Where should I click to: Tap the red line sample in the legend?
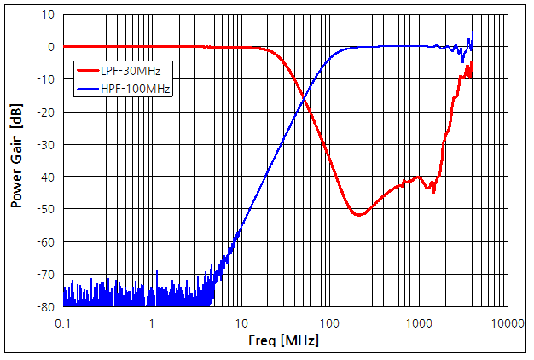click(89, 70)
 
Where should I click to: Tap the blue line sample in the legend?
click(89, 87)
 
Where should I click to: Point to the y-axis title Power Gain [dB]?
click(16, 160)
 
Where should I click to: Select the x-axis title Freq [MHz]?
click(285, 341)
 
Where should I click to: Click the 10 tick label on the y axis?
click(49, 15)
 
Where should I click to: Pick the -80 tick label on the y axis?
click(46, 306)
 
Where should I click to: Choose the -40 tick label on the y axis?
click(46, 177)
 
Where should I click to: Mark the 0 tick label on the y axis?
click(52, 47)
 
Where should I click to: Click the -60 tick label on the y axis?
click(46, 241)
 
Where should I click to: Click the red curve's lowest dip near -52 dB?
click(358, 214)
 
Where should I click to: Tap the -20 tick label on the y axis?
click(46, 112)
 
